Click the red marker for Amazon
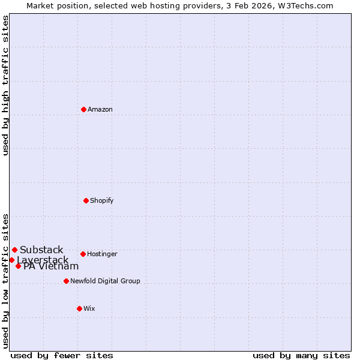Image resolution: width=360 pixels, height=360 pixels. click(83, 109)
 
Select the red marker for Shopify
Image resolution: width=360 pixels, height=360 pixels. click(86, 200)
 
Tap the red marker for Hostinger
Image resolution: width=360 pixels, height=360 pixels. click(83, 254)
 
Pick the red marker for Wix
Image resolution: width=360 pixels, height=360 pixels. click(79, 308)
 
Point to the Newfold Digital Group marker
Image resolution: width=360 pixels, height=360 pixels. click(66, 281)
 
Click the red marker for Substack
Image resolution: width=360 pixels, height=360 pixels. click(14, 250)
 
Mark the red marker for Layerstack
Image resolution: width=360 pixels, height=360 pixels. click(11, 260)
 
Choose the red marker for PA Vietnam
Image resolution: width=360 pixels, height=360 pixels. click(18, 266)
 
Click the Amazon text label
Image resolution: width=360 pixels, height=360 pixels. click(100, 109)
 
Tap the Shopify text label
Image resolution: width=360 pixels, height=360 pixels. click(102, 200)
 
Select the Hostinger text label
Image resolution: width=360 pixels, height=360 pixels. click(102, 254)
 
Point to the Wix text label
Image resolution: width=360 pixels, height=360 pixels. click(89, 308)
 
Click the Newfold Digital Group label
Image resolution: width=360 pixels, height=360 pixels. click(105, 281)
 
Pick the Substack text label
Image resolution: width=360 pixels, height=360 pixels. click(41, 250)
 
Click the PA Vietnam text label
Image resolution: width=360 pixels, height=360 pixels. click(51, 266)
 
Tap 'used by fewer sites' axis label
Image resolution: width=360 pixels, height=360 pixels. click(62, 355)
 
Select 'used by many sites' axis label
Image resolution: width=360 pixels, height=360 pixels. click(301, 355)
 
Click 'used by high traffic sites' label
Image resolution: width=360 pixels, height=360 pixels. click(5, 85)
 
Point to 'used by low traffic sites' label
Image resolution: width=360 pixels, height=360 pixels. click(5, 280)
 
